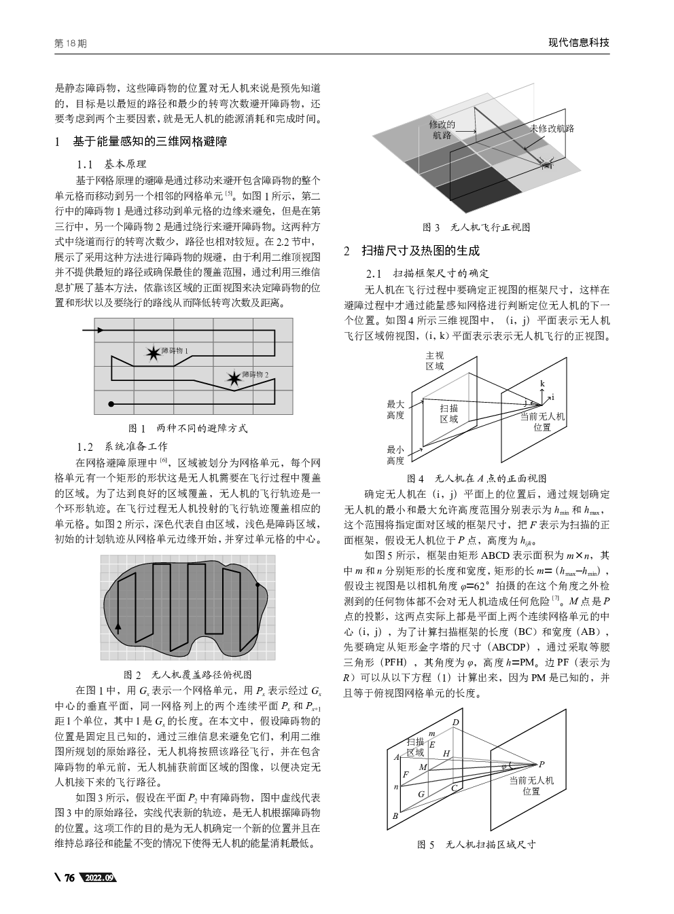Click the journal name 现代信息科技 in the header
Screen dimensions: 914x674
pyautogui.click(x=579, y=43)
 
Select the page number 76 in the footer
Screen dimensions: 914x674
pyautogui.click(x=69, y=878)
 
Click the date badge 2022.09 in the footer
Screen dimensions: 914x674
pyautogui.click(x=98, y=878)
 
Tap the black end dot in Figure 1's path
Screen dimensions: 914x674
pyautogui.click(x=111, y=404)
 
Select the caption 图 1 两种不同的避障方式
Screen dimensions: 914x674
pyautogui.click(x=188, y=428)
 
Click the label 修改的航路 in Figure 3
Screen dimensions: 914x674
pyautogui.click(x=442, y=130)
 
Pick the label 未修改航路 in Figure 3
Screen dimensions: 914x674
pyautogui.click(x=552, y=128)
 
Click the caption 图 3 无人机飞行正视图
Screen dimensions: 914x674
pyautogui.click(x=476, y=227)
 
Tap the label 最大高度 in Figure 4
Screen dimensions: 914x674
pyautogui.click(x=395, y=409)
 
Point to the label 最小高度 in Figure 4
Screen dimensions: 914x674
pyautogui.click(x=395, y=455)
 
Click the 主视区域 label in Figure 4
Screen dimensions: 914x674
pyautogui.click(x=435, y=361)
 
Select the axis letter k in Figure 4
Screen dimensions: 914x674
pyautogui.click(x=542, y=384)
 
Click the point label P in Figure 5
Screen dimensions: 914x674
pyautogui.click(x=542, y=763)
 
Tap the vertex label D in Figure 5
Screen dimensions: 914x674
pyautogui.click(x=456, y=721)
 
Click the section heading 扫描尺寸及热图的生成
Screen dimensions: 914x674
pyautogui.click(x=420, y=251)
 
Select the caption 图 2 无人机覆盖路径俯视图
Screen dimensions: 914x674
pyautogui.click(x=188, y=674)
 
